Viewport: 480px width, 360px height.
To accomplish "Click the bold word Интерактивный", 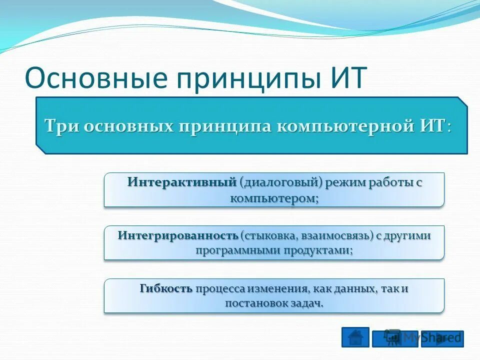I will pyautogui.click(x=181, y=182).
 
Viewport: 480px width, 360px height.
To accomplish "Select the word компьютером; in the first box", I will pyautogui.click(x=274, y=198).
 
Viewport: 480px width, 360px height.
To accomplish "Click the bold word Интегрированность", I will pyautogui.click(x=178, y=235).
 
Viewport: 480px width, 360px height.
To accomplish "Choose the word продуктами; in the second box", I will pyautogui.click(x=318, y=251).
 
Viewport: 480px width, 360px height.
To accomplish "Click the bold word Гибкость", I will pyautogui.click(x=166, y=288).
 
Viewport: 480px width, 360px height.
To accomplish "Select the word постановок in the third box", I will pyautogui.click(x=250, y=304).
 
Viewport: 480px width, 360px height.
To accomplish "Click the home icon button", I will pyautogui.click(x=355, y=337).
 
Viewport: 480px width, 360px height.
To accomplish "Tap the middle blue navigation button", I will pyautogui.click(x=394, y=338).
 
